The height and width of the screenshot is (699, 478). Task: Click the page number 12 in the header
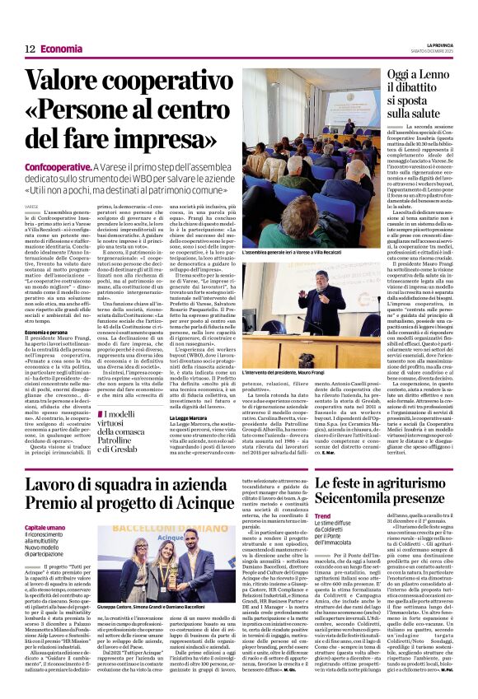(30, 49)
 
